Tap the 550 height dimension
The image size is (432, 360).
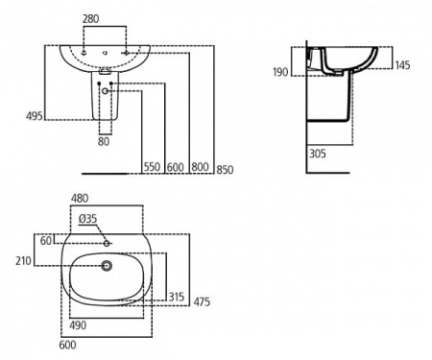(x=153, y=166)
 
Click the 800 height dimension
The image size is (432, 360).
(x=200, y=166)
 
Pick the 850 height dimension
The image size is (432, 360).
(x=224, y=166)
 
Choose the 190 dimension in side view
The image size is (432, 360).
(x=278, y=72)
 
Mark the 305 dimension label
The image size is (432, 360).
(x=318, y=152)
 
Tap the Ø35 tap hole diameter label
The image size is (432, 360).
(x=87, y=219)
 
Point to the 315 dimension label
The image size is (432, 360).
(x=176, y=297)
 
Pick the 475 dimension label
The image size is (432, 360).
(x=202, y=302)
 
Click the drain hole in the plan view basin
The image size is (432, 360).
(x=106, y=265)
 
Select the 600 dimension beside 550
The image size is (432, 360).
(x=176, y=166)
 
